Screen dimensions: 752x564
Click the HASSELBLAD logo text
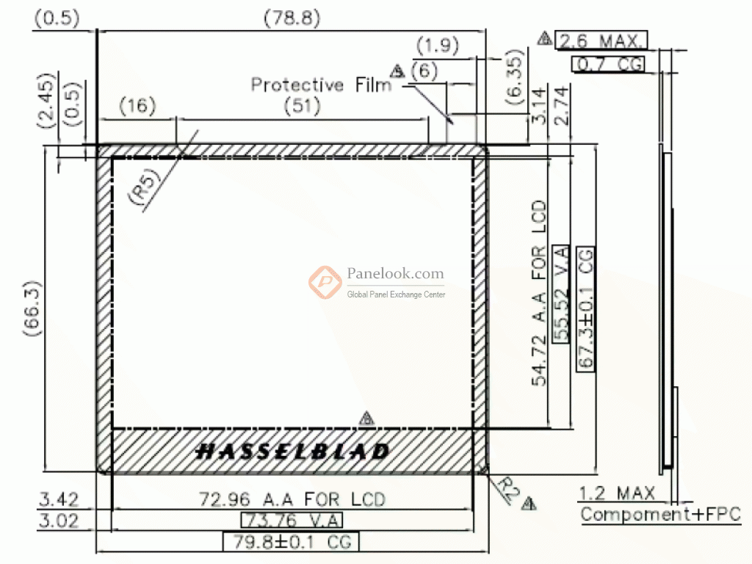pyautogui.click(x=292, y=452)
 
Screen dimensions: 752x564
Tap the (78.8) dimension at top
pyautogui.click(x=292, y=18)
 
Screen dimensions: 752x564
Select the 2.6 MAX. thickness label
pyautogui.click(x=601, y=40)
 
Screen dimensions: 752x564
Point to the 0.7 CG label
pyautogui.click(x=607, y=64)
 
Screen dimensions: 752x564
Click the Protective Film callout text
pyautogui.click(x=322, y=85)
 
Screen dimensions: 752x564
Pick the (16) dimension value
pyautogui.click(x=137, y=106)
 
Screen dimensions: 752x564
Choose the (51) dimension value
pyautogui.click(x=302, y=106)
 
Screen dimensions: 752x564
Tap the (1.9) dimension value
pyautogui.click(x=438, y=46)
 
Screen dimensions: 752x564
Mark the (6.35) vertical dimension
pyautogui.click(x=513, y=76)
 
